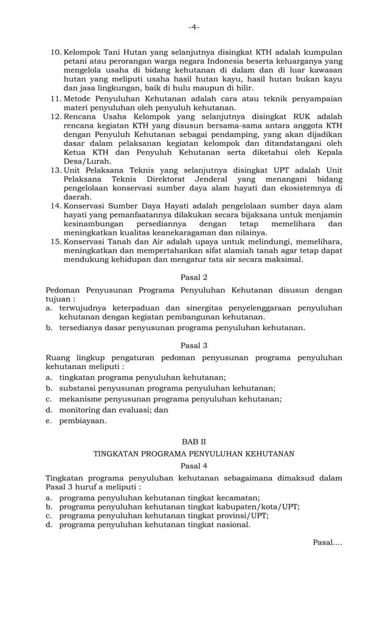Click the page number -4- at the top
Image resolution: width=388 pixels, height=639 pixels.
coord(193,27)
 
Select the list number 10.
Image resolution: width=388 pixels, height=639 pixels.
coord(55,52)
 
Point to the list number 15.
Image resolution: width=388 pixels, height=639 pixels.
coord(55,241)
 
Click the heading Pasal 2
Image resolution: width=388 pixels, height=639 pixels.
coord(194,277)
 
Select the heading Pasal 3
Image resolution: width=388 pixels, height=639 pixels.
coord(194,345)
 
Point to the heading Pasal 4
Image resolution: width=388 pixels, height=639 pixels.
coord(194,465)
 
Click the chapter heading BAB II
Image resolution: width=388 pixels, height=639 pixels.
coord(194,441)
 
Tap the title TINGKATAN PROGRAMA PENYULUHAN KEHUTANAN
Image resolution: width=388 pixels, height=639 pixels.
coord(194,454)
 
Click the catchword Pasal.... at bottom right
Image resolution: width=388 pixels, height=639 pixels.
coord(327,542)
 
